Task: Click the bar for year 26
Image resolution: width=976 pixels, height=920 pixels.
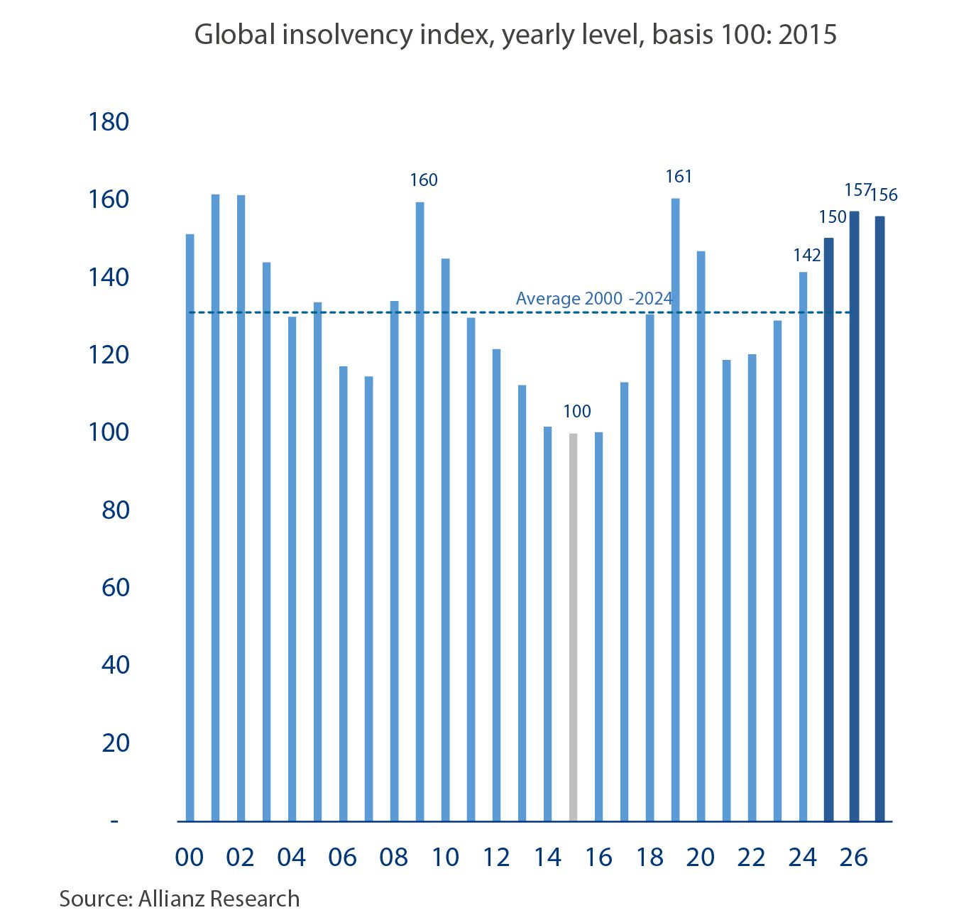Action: [x=854, y=516]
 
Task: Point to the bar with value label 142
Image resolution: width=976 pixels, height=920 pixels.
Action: [x=803, y=547]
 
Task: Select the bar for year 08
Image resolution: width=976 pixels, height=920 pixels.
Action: [x=394, y=561]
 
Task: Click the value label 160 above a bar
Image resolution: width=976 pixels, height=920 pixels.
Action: [x=423, y=180]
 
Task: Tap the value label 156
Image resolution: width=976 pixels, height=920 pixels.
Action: [x=884, y=195]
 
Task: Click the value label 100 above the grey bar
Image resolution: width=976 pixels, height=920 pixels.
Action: [x=576, y=412]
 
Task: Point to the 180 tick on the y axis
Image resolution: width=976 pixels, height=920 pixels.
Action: [x=109, y=122]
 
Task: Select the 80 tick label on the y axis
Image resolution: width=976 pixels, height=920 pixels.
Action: [x=116, y=510]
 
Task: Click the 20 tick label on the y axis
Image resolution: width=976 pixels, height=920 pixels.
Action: [x=116, y=743]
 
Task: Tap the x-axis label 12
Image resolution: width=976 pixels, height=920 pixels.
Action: [x=496, y=858]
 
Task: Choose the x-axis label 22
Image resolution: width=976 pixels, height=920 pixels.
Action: [x=751, y=858]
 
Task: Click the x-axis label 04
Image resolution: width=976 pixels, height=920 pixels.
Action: [x=291, y=858]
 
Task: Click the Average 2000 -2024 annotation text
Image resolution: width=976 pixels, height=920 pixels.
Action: [x=594, y=299]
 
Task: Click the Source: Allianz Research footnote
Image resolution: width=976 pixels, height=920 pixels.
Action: [x=180, y=899]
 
